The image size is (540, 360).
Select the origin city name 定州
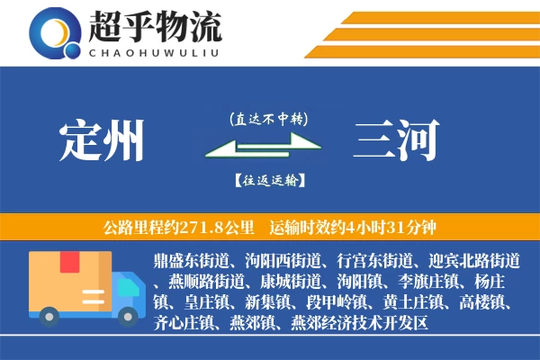tap(102, 141)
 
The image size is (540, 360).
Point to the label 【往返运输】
tap(268, 180)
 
